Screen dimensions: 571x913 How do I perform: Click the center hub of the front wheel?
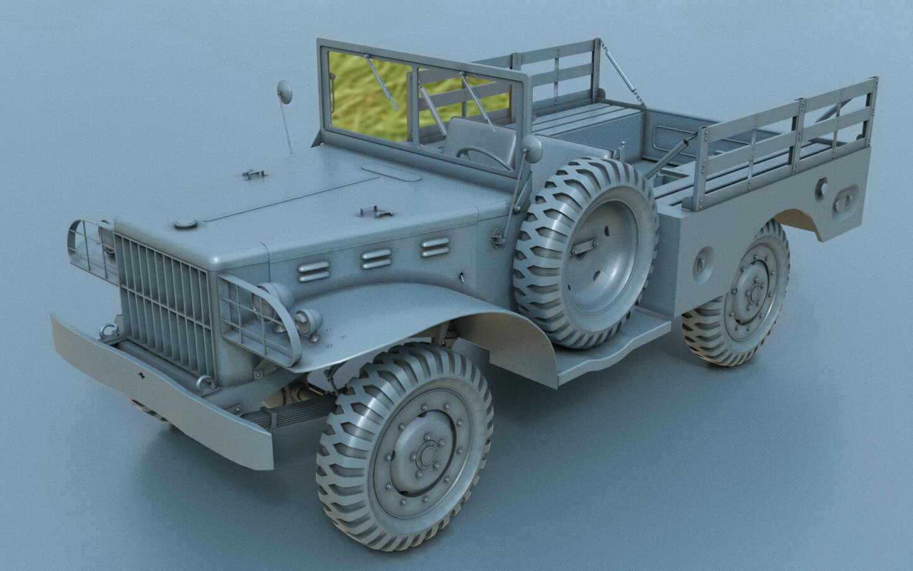point(427,454)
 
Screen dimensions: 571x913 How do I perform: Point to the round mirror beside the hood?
point(285,92)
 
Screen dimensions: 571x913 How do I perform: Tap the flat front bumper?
point(158,392)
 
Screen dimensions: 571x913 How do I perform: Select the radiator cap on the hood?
point(185,223)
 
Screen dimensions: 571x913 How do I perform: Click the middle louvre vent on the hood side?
point(376,258)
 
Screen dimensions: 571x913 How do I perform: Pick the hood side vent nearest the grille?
point(314,271)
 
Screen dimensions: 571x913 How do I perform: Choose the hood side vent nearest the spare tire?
point(435,247)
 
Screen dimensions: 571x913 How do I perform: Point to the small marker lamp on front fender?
point(309,322)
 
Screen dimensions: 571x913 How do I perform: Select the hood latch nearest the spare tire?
point(372,212)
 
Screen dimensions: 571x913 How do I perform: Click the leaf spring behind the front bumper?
point(297,411)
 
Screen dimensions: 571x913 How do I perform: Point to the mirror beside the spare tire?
point(532,149)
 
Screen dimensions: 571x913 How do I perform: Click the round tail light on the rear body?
point(822,187)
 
